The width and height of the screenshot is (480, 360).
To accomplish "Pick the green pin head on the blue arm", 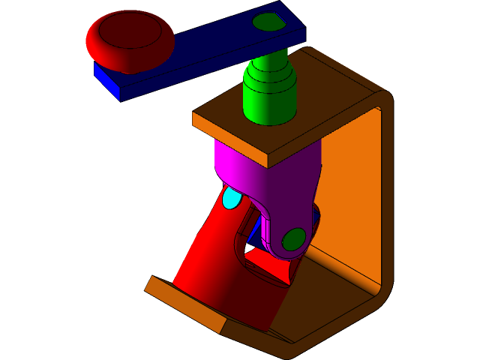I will click(268, 22).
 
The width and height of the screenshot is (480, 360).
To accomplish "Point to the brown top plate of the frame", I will click(300, 97).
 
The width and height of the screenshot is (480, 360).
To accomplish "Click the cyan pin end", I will click(232, 199).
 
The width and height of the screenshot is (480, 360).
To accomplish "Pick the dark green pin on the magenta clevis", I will click(292, 239).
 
